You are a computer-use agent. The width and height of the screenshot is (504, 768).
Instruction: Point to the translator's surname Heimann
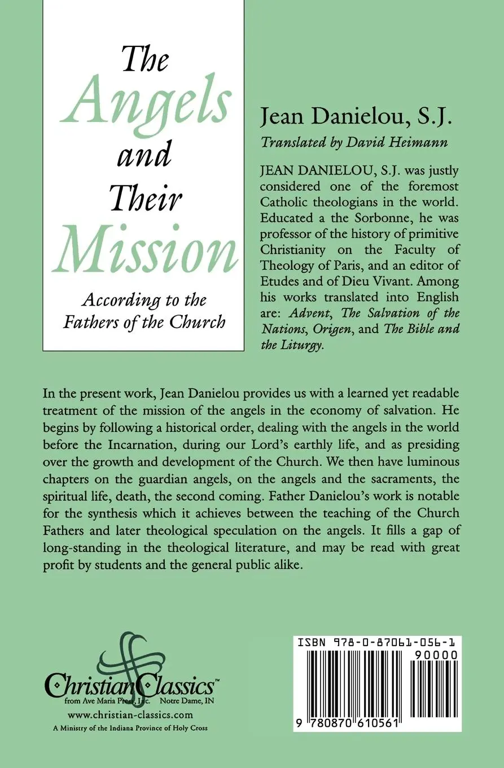pyautogui.click(x=422, y=142)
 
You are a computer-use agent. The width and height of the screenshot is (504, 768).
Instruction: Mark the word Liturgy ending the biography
pyautogui.click(x=301, y=345)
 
